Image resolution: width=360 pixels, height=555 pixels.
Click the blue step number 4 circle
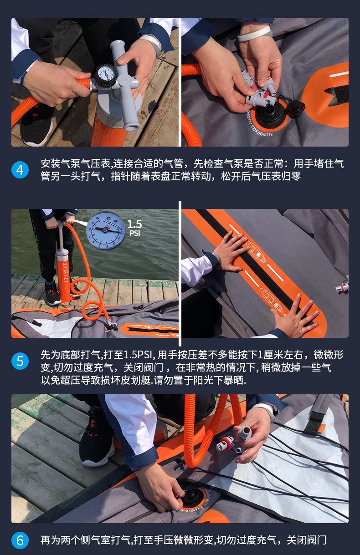pyautogui.click(x=20, y=170)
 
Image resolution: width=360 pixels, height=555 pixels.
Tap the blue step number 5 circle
pyautogui.click(x=20, y=361)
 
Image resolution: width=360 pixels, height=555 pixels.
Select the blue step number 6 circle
pyautogui.click(x=20, y=540)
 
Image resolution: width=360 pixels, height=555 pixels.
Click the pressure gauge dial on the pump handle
pyautogui.click(x=106, y=74)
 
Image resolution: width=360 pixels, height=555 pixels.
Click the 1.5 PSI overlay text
pyautogui.click(x=134, y=228)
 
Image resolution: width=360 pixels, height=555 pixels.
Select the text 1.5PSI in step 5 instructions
pyautogui.click(x=137, y=355)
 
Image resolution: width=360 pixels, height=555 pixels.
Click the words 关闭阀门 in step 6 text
pyautogui.click(x=306, y=540)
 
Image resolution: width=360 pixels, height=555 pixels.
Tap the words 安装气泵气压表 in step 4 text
pyautogui.click(x=75, y=163)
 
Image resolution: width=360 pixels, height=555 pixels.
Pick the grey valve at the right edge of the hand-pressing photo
pyautogui.click(x=342, y=287)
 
